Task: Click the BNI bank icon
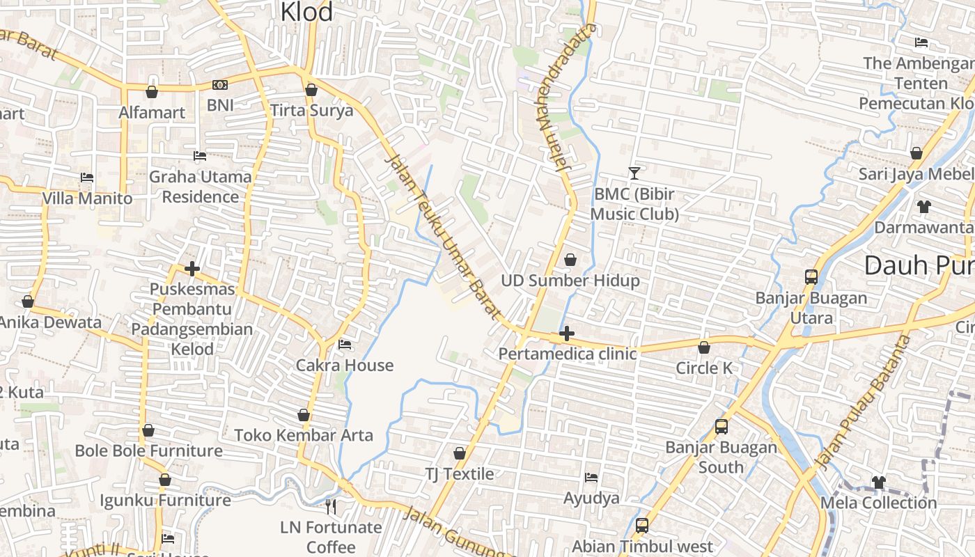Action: [x=220, y=85]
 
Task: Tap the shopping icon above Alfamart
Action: [x=151, y=91]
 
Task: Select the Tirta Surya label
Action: [x=311, y=111]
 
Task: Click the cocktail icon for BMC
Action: [x=634, y=173]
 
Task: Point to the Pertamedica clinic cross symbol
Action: [x=567, y=334]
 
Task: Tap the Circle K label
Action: [x=704, y=368]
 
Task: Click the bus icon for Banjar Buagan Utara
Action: [x=811, y=276]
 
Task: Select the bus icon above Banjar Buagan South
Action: [x=721, y=426]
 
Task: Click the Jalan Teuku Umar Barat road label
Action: [x=442, y=237]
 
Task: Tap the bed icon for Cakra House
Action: [x=345, y=344]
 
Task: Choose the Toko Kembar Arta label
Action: [x=304, y=435]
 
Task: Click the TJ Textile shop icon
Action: [x=460, y=453]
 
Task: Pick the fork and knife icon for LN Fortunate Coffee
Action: [x=331, y=506]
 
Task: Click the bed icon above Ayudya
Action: [x=591, y=478]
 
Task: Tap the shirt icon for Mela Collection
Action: [x=879, y=482]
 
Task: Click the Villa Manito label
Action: [x=87, y=198]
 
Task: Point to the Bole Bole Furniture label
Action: [x=148, y=450]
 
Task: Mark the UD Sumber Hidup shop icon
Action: [x=570, y=260]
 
